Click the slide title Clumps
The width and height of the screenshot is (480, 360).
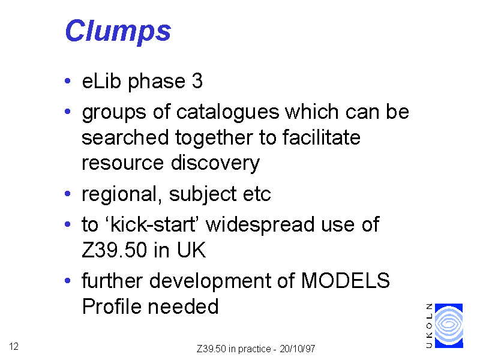pos(118,32)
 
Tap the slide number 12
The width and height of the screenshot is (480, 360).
pos(14,347)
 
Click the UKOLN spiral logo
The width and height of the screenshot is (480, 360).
pos(449,326)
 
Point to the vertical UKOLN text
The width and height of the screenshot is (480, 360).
pos(429,326)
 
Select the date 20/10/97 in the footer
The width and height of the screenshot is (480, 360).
pos(297,349)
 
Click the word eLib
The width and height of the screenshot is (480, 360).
pos(101,81)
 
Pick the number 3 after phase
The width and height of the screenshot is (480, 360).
pos(197,81)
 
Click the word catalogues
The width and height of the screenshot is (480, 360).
pos(228,112)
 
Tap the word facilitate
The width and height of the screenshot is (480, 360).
pos(322,137)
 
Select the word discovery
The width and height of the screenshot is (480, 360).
pos(215,163)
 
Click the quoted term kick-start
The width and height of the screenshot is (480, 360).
pos(153,224)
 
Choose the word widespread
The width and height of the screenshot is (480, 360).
pos(260,225)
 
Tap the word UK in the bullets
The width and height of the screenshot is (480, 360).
pos(191,250)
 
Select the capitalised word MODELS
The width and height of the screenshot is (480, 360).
pos(346,281)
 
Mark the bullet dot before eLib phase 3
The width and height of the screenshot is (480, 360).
pos(68,81)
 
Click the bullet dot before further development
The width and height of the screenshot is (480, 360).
pos(68,280)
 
